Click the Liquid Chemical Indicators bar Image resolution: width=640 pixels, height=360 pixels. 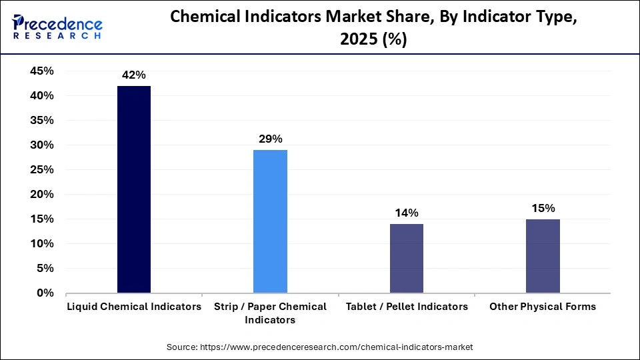tap(134, 189)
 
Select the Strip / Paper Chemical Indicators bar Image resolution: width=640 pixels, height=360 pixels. tap(270, 221)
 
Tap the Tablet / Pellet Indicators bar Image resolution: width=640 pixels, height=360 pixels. tap(406, 258)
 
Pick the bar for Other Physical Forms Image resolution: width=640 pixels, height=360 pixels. tap(543, 256)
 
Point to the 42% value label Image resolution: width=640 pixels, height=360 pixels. tap(134, 75)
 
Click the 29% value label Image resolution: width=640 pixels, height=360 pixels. tap(270, 139)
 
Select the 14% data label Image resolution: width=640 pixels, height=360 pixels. tap(406, 213)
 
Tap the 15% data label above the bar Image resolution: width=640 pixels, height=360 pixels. tap(543, 208)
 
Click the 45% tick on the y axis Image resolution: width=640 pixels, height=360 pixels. tap(41, 71)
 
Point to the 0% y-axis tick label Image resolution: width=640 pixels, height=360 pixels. tap(45, 293)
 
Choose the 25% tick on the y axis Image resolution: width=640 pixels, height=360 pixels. tap(41, 170)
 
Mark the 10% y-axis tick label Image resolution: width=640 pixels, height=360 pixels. tap(41, 244)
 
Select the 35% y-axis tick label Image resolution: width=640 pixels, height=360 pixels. tap(41, 121)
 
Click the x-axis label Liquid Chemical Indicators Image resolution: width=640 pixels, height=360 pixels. tap(134, 307)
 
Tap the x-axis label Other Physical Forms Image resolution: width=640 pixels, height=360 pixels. tap(543, 307)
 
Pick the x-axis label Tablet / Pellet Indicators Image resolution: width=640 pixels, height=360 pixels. tap(407, 307)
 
